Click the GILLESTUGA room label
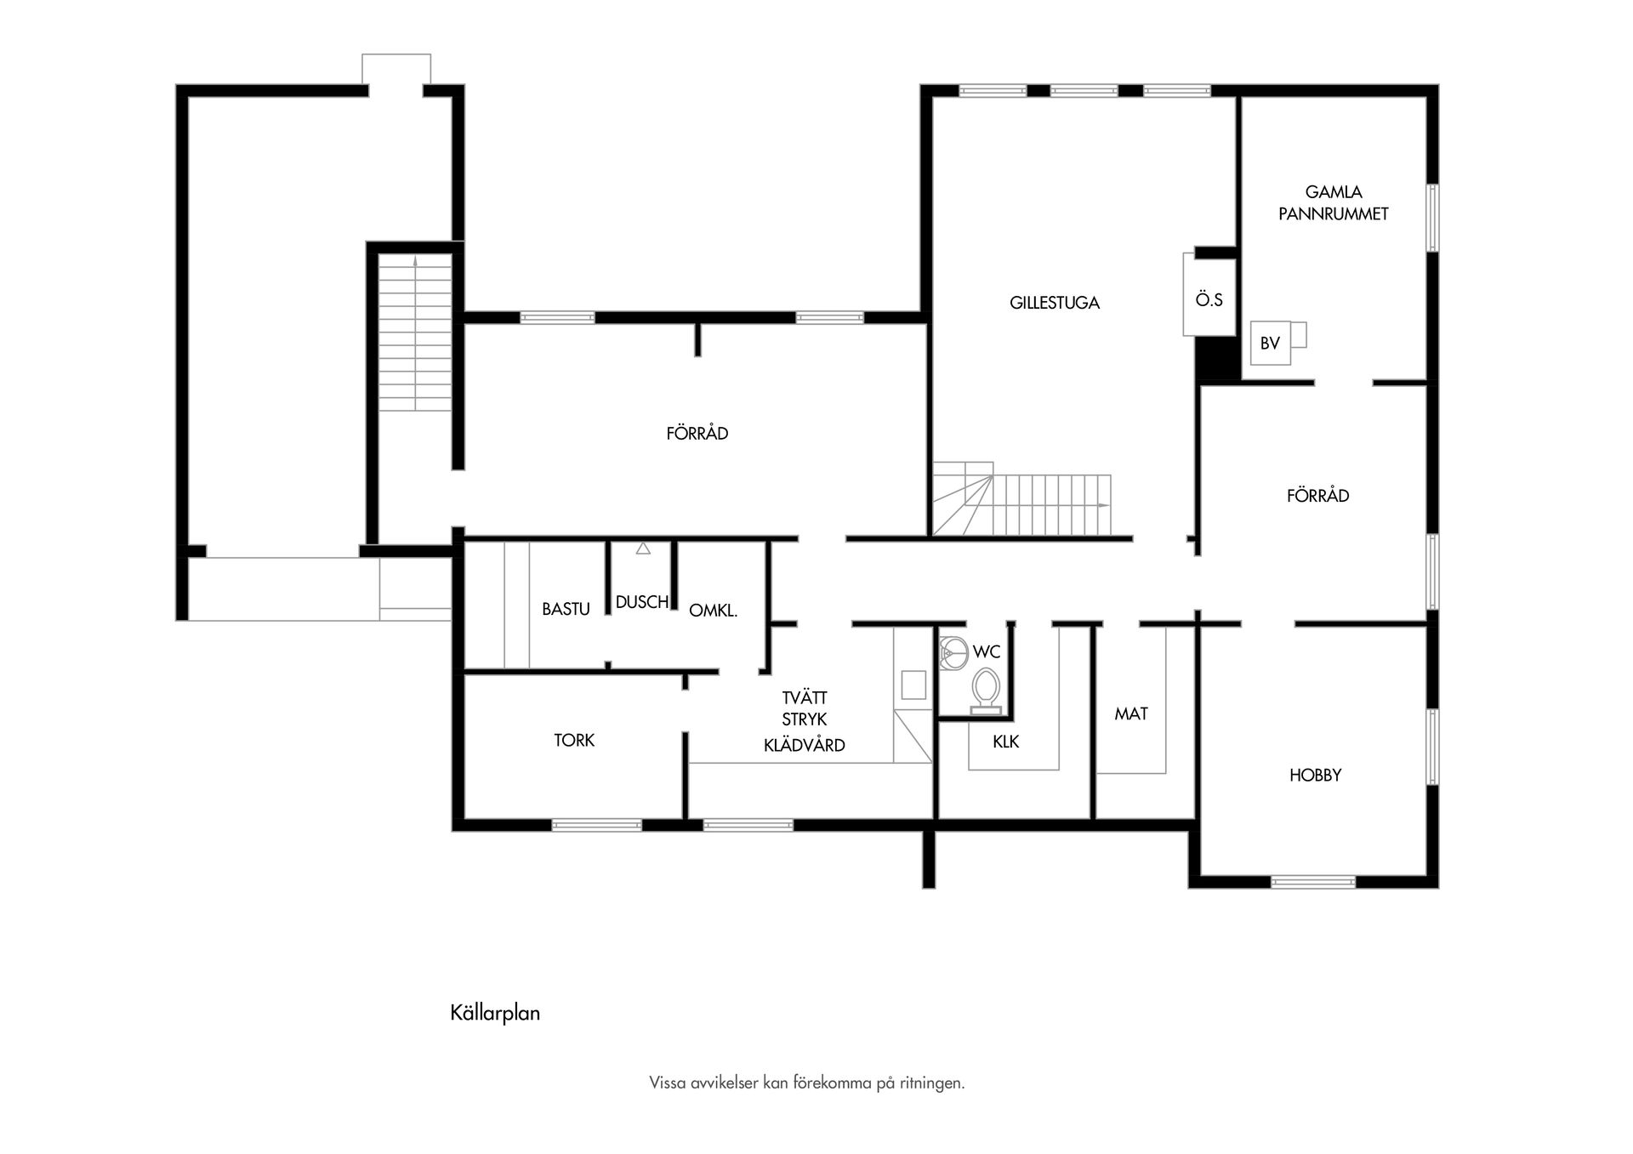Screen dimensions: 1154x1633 (1054, 303)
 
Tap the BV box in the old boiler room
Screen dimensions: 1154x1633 (1270, 344)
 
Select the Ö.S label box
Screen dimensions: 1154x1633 (1209, 300)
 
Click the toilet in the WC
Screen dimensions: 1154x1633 (987, 688)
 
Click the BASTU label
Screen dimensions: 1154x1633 (566, 609)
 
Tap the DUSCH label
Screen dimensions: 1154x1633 (641, 602)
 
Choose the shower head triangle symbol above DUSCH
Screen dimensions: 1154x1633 (643, 549)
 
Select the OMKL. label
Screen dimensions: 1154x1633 (713, 611)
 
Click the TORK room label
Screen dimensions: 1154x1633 (574, 740)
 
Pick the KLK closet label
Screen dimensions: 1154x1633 (1005, 742)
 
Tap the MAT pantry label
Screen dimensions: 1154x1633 (1131, 714)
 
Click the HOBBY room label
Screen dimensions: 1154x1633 (1315, 775)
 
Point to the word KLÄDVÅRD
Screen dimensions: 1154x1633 (804, 746)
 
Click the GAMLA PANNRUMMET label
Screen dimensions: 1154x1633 (1333, 203)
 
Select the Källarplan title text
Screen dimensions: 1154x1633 (495, 1013)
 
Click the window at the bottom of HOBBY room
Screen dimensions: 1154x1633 (1312, 882)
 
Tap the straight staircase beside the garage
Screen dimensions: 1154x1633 (415, 333)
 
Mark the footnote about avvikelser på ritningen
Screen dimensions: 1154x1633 (806, 1083)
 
